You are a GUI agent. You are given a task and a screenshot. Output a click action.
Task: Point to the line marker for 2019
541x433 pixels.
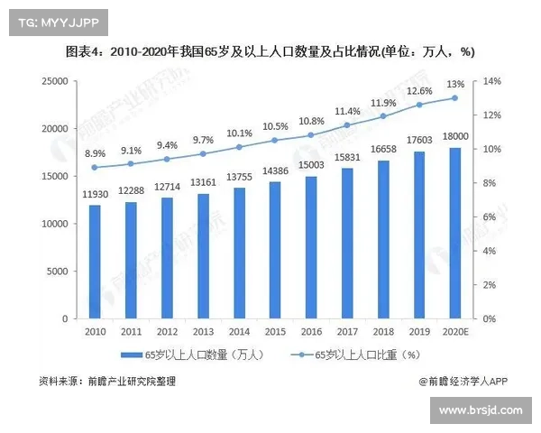click(419, 105)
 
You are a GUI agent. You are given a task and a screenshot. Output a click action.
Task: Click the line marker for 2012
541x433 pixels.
click(167, 159)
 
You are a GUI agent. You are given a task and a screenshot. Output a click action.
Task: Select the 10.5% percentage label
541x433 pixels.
click(275, 126)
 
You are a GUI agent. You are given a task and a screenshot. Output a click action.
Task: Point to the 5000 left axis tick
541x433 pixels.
click(57, 272)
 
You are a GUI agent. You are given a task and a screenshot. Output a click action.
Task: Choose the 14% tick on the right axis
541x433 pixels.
click(491, 81)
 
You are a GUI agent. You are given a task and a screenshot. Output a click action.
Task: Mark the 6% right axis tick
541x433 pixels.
click(489, 216)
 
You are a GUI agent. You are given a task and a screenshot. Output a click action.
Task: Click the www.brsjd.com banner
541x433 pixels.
click(480, 410)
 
